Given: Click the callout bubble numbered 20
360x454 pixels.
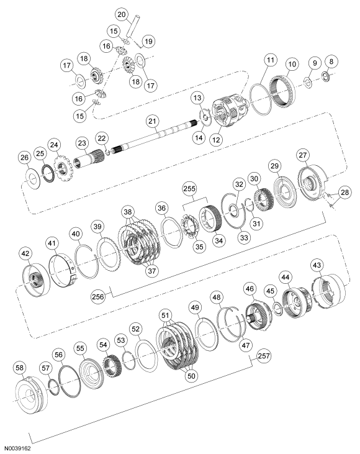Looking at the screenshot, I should [122, 14].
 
